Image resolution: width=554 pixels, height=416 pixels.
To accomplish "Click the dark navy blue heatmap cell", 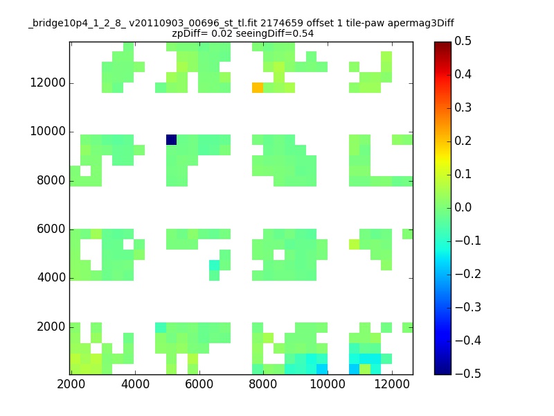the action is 171,140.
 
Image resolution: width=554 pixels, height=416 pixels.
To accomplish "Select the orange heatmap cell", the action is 258,88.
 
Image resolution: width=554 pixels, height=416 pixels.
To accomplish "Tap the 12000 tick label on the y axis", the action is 48,83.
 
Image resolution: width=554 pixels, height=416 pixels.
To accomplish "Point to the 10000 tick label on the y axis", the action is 48,131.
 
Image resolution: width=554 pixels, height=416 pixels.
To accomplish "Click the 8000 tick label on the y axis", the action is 51,180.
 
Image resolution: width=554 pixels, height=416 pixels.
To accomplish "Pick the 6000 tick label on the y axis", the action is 51,229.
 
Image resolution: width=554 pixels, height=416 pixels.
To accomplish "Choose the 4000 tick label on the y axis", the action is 51,277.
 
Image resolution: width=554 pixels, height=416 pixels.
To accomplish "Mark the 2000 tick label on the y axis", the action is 51,327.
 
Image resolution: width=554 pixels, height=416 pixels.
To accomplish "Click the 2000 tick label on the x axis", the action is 71,384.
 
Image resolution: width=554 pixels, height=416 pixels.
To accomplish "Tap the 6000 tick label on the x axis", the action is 199,384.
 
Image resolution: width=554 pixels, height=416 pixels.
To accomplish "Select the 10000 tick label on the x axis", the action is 328,384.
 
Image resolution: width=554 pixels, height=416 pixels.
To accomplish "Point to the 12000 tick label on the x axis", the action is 392,384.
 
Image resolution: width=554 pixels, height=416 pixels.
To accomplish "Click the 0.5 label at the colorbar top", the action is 463,41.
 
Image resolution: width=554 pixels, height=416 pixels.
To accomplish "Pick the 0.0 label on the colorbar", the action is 463,207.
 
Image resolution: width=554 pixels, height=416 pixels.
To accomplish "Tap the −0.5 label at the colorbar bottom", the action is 468,374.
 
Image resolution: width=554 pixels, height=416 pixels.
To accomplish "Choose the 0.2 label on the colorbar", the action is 463,141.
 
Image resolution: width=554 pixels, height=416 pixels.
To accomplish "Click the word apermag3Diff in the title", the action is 421,24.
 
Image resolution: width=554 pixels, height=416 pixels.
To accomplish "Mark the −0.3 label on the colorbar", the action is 468,307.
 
